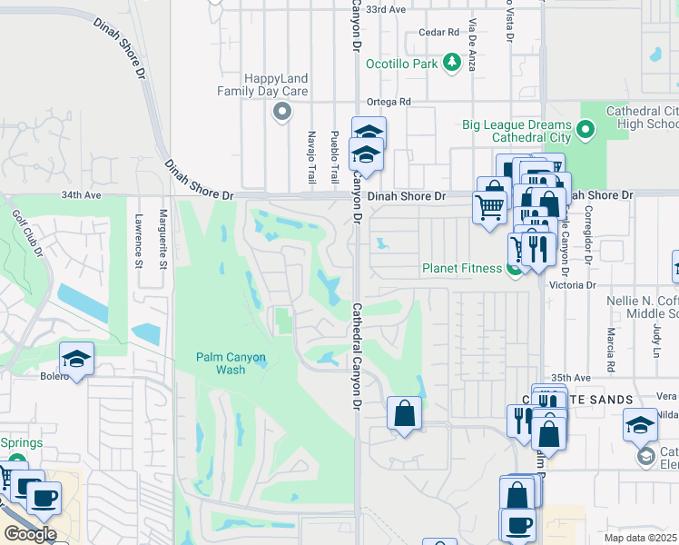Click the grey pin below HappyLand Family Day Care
(282, 113)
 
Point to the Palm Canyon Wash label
(232, 363)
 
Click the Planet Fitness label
(462, 268)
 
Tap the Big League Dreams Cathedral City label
(516, 132)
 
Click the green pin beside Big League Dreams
(586, 131)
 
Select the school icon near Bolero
(77, 359)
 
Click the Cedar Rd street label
(439, 33)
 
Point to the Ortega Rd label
(389, 102)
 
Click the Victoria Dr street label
(577, 284)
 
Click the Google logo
(30, 534)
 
